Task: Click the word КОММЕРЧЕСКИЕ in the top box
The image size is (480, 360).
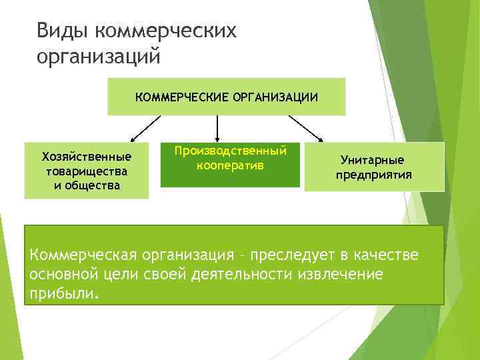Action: pos(182,97)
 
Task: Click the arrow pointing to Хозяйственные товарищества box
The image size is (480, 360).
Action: pos(146,128)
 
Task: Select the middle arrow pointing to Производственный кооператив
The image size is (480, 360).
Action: pos(217,127)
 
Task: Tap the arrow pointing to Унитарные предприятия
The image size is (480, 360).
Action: pos(305,128)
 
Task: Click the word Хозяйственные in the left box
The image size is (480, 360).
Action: pos(87,157)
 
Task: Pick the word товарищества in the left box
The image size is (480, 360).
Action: pos(87,171)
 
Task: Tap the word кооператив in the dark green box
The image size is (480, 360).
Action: pos(230,164)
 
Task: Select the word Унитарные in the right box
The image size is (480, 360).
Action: pos(372,161)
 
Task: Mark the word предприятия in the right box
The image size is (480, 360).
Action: pos(373,175)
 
